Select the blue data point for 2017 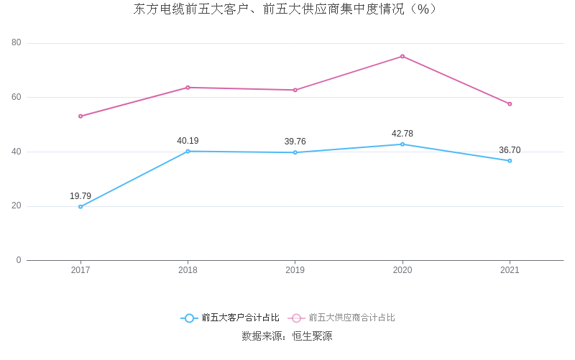[80, 206]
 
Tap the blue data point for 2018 [188, 151]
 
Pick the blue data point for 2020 [402, 144]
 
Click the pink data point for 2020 [402, 56]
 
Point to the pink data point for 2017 [80, 116]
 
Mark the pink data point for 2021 [510, 103]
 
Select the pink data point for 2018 [188, 88]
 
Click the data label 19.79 [80, 196]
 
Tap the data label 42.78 [402, 134]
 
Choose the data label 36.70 [510, 150]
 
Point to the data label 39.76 [295, 142]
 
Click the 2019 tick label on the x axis [295, 270]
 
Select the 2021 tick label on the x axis [510, 270]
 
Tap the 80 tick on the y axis [17, 42]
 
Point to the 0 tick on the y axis [19, 260]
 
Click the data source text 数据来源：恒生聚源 [287, 336]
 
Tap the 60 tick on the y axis [17, 97]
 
